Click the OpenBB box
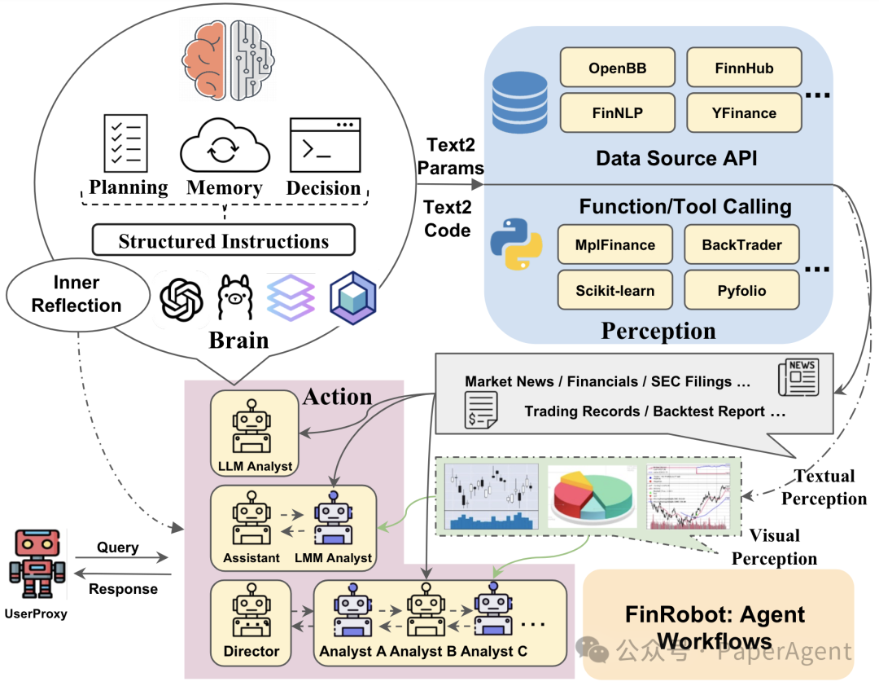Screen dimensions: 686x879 coord(617,68)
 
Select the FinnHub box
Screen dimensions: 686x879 coord(744,68)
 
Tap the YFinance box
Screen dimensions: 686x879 coord(743,113)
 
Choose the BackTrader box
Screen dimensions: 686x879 coord(741,244)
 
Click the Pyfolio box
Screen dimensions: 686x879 coord(741,290)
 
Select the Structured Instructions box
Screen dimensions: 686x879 coord(224,241)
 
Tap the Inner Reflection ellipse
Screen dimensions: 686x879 coord(77,294)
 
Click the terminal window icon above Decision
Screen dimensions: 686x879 coord(325,145)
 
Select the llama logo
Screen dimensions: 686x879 coord(237,298)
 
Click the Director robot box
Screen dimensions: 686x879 coord(251,623)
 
